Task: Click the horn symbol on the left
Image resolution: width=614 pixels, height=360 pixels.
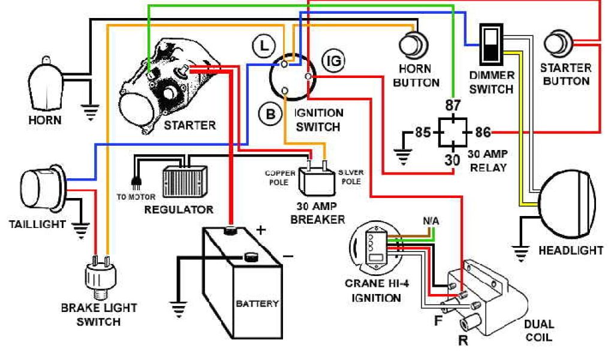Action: point(45,84)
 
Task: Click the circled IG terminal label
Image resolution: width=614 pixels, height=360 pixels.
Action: point(333,60)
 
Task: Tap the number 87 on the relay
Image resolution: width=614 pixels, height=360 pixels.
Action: point(453,106)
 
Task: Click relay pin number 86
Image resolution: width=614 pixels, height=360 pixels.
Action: point(483,132)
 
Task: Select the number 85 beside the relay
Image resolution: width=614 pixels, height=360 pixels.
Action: point(423,132)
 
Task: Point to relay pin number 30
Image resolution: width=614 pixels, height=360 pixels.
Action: point(453,160)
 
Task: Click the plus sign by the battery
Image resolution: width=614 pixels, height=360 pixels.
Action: point(261,229)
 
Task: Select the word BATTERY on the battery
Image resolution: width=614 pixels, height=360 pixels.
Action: point(257,303)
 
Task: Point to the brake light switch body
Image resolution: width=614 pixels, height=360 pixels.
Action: point(100,277)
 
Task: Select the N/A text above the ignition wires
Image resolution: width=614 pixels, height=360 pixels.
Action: point(431,221)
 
